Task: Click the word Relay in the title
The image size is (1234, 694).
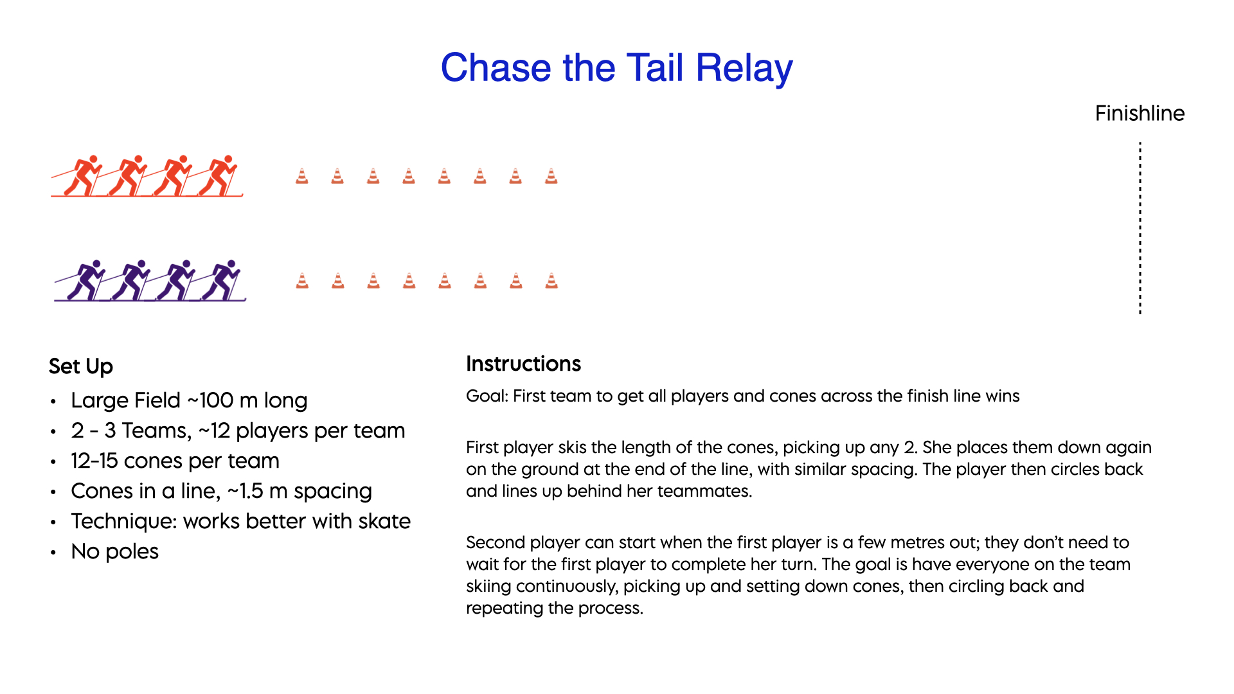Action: click(x=744, y=68)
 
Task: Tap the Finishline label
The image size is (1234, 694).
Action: click(x=1140, y=113)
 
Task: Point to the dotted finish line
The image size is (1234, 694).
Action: click(x=1140, y=228)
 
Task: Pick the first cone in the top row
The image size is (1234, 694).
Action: click(x=301, y=175)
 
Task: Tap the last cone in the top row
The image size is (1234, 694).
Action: click(x=551, y=175)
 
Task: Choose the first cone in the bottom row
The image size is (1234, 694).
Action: click(x=302, y=280)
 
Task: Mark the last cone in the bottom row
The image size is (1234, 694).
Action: click(x=551, y=280)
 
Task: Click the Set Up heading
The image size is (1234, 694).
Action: click(x=81, y=366)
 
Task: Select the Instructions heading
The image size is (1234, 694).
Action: click(x=523, y=364)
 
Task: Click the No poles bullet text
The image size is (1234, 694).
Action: click(x=115, y=551)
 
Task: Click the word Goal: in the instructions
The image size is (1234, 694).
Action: click(x=487, y=396)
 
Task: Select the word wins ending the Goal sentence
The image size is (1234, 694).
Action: click(x=1002, y=396)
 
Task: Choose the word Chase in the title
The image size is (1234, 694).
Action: click(x=496, y=68)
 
